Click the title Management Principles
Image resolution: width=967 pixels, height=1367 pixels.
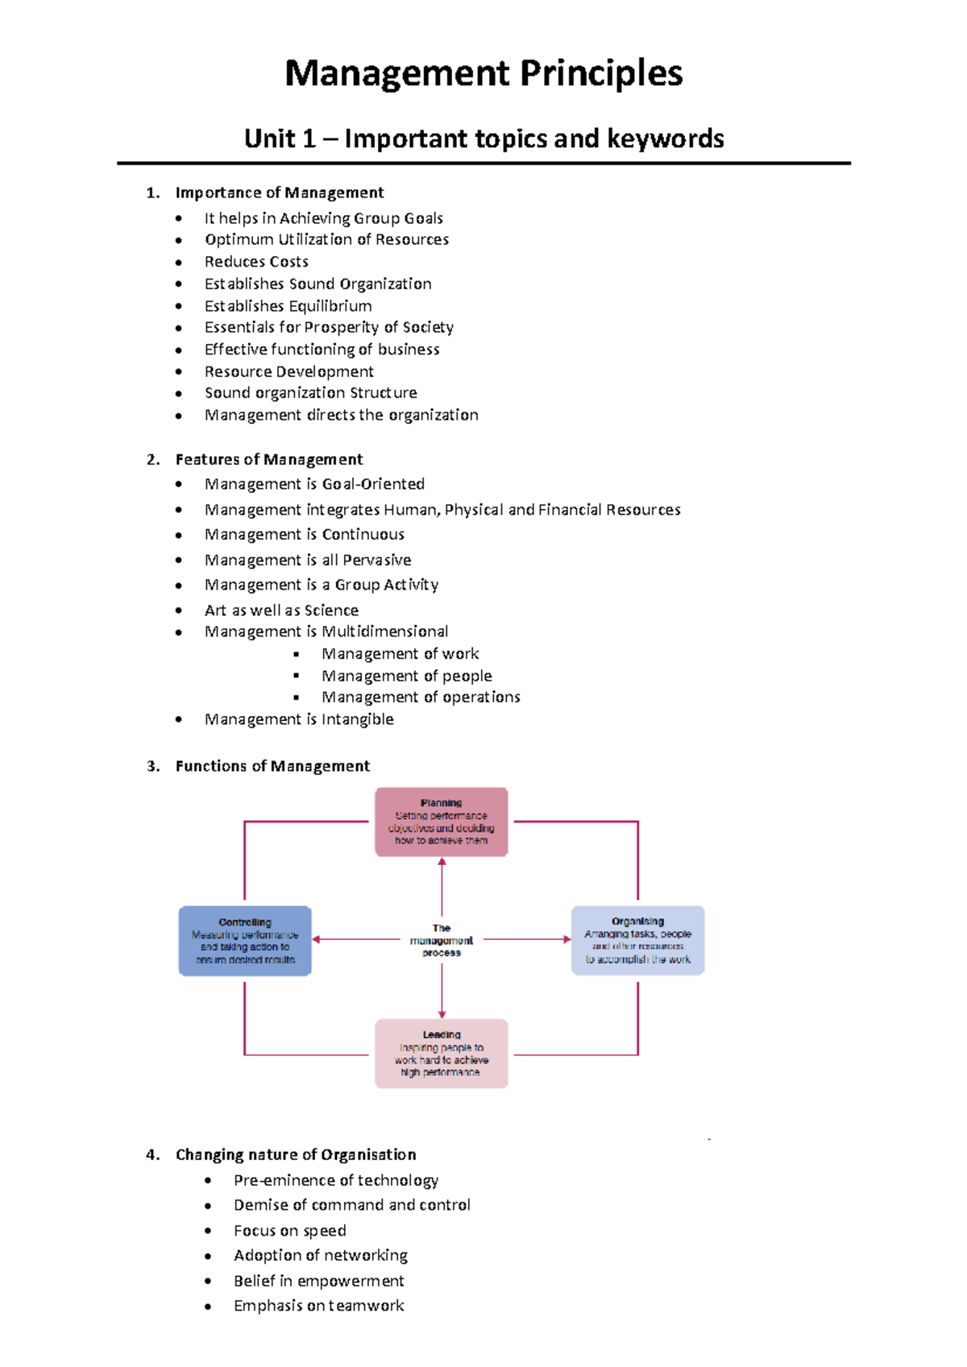483,73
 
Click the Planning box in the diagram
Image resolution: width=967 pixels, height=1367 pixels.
441,822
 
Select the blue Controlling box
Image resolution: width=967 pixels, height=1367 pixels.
245,941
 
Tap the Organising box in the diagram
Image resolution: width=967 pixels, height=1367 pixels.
637,940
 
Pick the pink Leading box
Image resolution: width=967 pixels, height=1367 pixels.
441,1053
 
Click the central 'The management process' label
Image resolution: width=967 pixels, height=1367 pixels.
442,940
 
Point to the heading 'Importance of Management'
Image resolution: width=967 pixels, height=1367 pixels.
279,193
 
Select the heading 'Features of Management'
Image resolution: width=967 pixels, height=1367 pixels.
268,459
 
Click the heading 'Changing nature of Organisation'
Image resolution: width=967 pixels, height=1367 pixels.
296,1154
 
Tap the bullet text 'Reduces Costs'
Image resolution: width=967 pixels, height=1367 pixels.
256,262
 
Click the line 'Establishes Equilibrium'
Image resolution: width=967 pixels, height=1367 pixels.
288,306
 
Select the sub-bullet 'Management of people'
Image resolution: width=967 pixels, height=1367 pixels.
406,676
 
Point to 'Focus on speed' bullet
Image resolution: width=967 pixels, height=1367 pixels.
289,1231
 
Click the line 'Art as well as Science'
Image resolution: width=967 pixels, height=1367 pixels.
281,611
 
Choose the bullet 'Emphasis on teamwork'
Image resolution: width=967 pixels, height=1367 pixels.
318,1306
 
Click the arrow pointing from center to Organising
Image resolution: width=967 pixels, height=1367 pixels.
528,939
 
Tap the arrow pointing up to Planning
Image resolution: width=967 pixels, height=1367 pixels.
442,886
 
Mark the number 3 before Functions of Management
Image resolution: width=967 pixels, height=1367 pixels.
152,766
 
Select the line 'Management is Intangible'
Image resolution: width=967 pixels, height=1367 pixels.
299,719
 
